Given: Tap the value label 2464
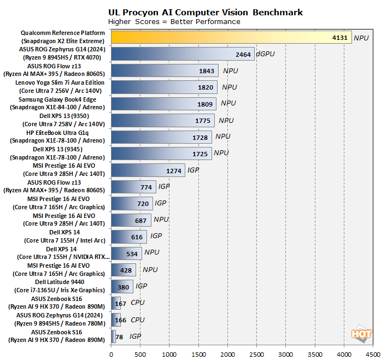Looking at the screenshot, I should (x=242, y=54).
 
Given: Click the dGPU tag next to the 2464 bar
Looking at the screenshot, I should (x=265, y=54).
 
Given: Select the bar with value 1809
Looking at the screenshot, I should (x=163, y=104).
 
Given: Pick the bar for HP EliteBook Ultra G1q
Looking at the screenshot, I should (x=161, y=137).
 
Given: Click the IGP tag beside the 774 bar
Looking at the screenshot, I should (x=164, y=187).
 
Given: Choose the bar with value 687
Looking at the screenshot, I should (x=131, y=220).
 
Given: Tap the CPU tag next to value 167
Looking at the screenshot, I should (x=138, y=303).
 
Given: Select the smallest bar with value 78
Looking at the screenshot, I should (x=113, y=337).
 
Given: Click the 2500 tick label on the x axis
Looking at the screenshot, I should (x=256, y=353).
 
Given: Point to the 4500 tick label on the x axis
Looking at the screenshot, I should (x=373, y=353).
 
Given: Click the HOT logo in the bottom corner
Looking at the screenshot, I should (x=361, y=334).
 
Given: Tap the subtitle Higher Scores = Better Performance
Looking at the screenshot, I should (x=174, y=22).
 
